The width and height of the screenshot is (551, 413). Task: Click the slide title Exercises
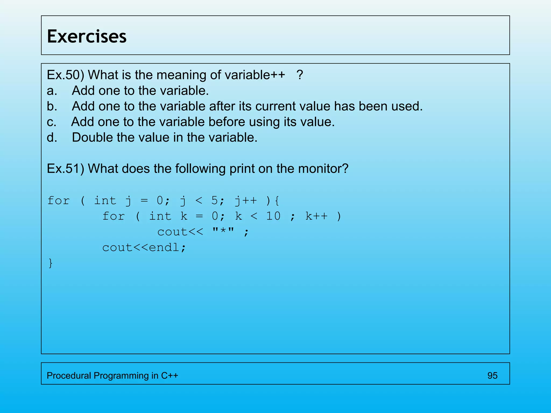(87, 36)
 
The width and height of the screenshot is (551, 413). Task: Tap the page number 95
(492, 375)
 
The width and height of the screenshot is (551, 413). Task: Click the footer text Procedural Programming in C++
(112, 375)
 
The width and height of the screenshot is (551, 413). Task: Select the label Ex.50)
(65, 75)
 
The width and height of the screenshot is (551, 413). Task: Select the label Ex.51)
(65, 169)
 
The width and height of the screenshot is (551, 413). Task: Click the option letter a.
(52, 91)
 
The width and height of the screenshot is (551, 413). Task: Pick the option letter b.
(52, 106)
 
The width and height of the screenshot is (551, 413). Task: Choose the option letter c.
(51, 122)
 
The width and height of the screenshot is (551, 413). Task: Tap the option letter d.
(52, 137)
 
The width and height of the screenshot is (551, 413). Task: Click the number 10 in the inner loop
(273, 216)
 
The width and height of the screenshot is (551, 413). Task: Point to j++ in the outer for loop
(246, 201)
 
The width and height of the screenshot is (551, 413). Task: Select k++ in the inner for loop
(316, 216)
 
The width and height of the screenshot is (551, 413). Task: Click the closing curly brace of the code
(51, 263)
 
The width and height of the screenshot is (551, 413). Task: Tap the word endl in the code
(164, 247)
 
